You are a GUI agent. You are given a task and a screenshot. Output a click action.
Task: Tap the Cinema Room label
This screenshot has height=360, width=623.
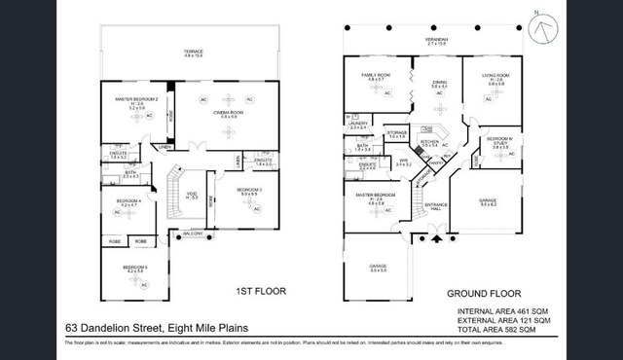click(x=228, y=115)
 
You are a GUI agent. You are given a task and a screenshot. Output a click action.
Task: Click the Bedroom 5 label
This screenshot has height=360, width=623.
click(x=133, y=268)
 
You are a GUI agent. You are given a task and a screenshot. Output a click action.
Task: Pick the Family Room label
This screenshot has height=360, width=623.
click(x=374, y=77)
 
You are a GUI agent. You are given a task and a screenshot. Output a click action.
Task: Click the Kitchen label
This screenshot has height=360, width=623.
click(x=430, y=142)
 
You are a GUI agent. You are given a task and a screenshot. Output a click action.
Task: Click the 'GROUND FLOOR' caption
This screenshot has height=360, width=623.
click(x=484, y=293)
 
